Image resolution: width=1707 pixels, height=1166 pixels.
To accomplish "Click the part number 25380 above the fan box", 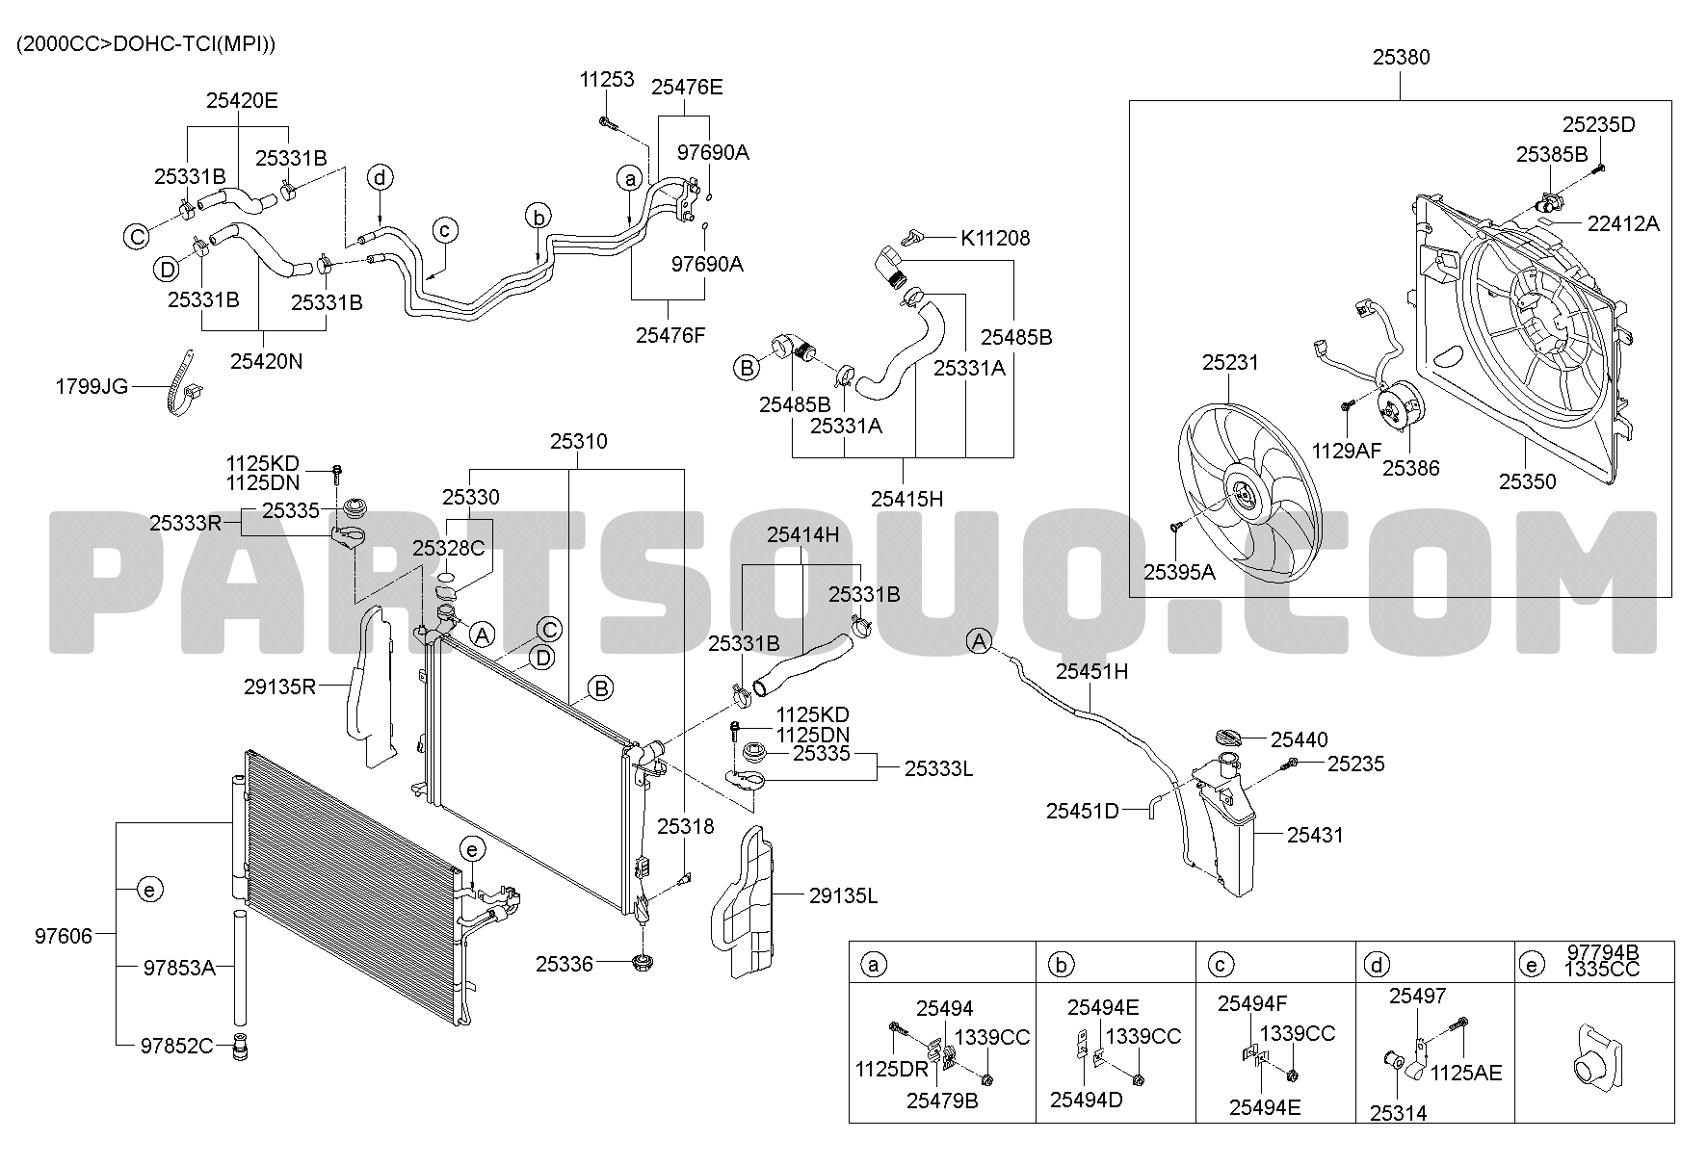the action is [1401, 58].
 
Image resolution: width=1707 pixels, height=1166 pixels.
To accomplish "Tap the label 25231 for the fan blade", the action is [1230, 363].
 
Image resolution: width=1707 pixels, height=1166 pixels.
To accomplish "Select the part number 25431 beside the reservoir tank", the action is [1315, 835].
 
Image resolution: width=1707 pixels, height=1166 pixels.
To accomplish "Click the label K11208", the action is [994, 238].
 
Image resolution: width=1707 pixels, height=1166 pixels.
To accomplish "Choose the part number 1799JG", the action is [92, 387].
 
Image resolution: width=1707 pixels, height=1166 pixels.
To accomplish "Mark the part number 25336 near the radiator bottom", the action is [565, 963].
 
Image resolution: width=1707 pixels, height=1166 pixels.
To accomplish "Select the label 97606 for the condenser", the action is [65, 935].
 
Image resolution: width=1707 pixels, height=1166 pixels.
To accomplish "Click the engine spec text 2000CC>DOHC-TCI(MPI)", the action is [146, 44].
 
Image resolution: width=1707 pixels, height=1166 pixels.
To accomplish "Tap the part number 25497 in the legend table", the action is [1417, 997].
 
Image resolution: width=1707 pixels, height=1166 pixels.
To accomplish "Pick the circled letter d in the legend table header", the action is [1379, 965].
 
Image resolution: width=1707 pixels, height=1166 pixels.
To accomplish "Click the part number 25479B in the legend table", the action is [942, 1101].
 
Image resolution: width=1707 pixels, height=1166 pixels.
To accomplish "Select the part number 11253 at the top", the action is [607, 79].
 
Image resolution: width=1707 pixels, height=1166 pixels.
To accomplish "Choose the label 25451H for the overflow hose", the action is [1091, 671].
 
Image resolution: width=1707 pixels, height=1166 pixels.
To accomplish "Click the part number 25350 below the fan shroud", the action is [1527, 480].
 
